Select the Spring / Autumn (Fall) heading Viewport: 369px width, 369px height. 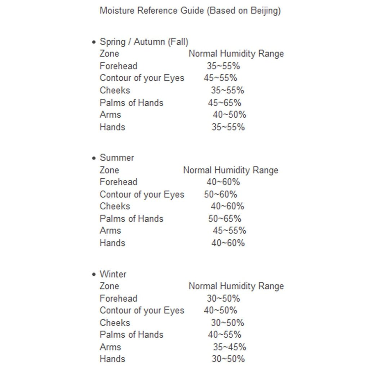point(144,42)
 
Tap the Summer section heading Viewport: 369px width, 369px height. point(117,158)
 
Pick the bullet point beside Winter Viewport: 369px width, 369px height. point(94,275)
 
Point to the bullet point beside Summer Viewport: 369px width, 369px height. point(94,158)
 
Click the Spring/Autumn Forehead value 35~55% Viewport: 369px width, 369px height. point(223,66)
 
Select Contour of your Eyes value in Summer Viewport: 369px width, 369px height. point(221,195)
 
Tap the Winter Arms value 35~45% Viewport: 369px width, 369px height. point(230,347)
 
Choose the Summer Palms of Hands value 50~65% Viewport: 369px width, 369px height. point(224,219)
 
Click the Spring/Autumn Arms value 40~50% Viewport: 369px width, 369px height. point(229,115)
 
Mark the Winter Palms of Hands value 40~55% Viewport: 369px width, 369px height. point(224,335)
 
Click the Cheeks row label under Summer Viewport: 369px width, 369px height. point(115,206)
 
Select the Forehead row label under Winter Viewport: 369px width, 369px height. point(118,298)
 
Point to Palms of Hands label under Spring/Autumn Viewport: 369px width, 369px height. point(131,103)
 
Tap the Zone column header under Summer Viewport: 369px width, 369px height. point(109,170)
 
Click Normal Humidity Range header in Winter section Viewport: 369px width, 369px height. point(236,286)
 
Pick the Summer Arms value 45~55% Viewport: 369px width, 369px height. point(229,231)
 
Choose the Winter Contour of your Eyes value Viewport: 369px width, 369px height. point(220,311)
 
